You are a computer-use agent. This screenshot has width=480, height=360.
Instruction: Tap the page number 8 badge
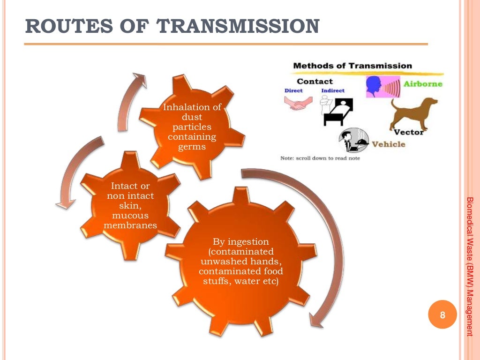tap(442, 315)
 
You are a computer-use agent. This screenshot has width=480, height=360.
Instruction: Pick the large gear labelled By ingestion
tap(241, 262)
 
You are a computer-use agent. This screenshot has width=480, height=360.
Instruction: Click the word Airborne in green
tap(423, 84)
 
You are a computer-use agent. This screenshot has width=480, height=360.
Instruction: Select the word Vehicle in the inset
tap(388, 144)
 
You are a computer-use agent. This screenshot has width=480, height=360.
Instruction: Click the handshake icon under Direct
tap(295, 104)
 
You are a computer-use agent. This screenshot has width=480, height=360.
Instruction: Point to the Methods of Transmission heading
tap(352, 66)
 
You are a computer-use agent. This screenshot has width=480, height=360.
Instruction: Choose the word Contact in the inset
tap(315, 81)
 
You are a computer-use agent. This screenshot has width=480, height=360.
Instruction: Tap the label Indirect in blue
tap(333, 90)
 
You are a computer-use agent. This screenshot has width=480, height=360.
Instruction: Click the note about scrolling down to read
tap(320, 158)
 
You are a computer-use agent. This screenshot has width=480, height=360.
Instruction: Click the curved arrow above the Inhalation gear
tap(129, 101)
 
